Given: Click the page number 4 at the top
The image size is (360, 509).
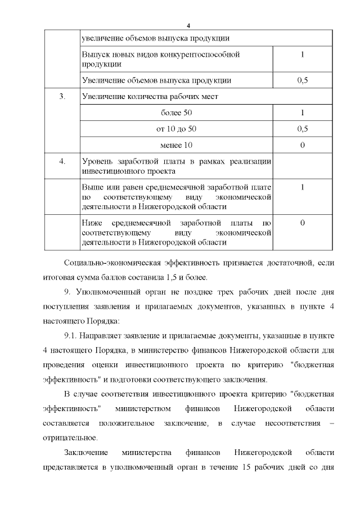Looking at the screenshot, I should point(189,26).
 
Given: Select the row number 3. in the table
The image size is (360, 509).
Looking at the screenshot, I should point(62,97).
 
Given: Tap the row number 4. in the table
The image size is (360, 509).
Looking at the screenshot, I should point(62,161).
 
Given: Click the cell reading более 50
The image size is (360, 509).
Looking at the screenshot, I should point(177,113).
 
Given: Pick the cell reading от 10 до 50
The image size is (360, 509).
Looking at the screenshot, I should point(177,129).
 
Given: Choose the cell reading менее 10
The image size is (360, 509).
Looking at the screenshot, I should point(177,146).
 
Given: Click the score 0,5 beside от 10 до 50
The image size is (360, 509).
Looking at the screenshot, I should point(303,129).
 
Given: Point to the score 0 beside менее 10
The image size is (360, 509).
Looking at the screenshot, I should point(303,146).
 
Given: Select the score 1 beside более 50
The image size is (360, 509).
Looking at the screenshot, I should point(303,113).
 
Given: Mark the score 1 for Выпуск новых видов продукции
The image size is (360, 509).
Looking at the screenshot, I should point(303,55).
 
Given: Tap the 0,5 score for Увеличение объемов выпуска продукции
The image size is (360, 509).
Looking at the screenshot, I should point(303,80).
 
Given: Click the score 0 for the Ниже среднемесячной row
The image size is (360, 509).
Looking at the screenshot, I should point(303,223).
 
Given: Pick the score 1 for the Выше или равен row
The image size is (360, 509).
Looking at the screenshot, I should point(303,187).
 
